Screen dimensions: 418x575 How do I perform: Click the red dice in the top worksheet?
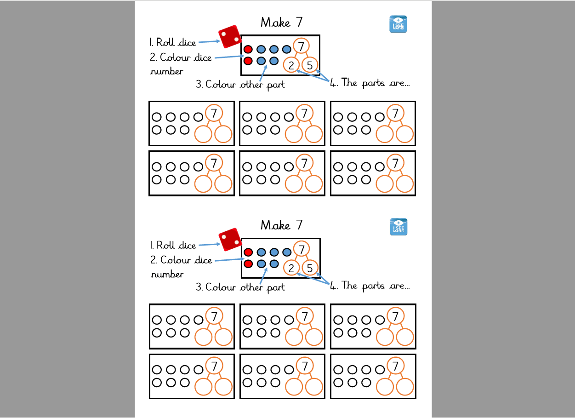click(x=230, y=37)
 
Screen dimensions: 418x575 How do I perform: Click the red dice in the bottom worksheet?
click(x=230, y=240)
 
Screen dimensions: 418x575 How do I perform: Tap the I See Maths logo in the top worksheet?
click(x=398, y=24)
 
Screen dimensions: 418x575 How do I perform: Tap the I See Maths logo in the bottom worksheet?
click(x=398, y=227)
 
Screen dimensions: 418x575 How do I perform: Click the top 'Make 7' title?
click(x=281, y=22)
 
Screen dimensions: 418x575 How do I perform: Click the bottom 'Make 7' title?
click(x=281, y=225)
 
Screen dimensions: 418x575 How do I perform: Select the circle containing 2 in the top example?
click(x=291, y=65)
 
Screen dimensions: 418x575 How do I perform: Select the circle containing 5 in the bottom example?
click(x=310, y=268)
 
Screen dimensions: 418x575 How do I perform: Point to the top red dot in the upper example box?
click(x=248, y=49)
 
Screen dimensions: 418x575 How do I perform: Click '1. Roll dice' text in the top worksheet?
click(x=173, y=43)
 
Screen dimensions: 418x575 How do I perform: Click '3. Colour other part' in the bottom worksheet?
click(x=240, y=287)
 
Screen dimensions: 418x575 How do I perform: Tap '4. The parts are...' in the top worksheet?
click(x=370, y=83)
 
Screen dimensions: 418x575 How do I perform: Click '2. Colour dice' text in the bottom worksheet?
click(x=181, y=260)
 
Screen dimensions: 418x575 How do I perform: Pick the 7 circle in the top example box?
click(x=301, y=46)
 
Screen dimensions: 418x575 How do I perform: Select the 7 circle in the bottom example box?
click(x=301, y=249)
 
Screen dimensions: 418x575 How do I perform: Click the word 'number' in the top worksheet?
click(x=166, y=71)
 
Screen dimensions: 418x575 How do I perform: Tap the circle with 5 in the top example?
click(x=310, y=65)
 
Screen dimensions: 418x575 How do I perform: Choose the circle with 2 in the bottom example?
click(x=291, y=268)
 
